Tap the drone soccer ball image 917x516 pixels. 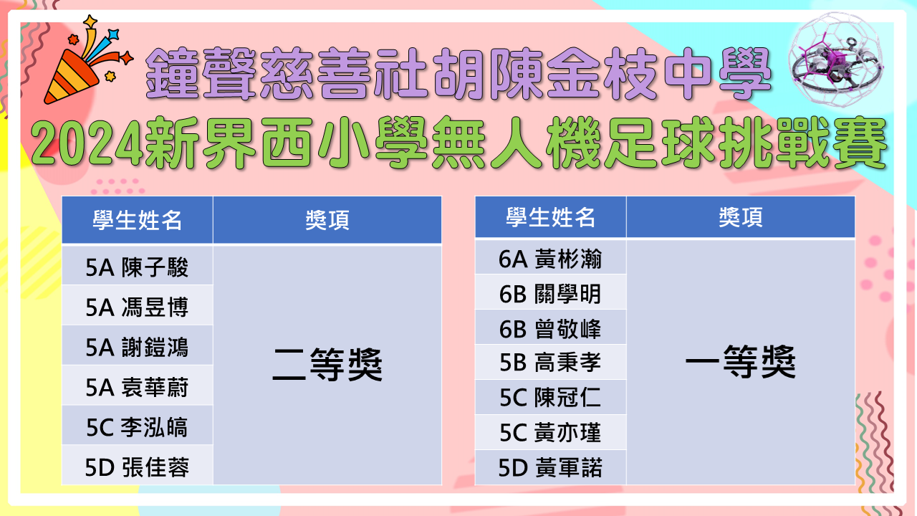837,61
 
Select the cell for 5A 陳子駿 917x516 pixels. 137,265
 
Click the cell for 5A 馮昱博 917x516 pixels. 137,305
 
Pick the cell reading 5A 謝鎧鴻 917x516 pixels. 137,345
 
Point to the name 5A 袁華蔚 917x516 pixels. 137,387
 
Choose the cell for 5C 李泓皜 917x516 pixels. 137,426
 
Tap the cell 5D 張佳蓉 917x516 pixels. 137,466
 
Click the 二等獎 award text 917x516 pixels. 327,365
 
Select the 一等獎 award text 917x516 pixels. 741,361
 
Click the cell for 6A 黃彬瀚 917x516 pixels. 551,257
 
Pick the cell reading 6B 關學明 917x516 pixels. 551,292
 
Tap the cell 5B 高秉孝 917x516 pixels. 551,362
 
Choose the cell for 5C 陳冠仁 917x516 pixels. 551,397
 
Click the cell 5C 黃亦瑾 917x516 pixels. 551,432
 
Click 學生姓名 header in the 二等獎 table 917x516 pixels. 137,220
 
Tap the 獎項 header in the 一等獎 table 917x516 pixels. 741,216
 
